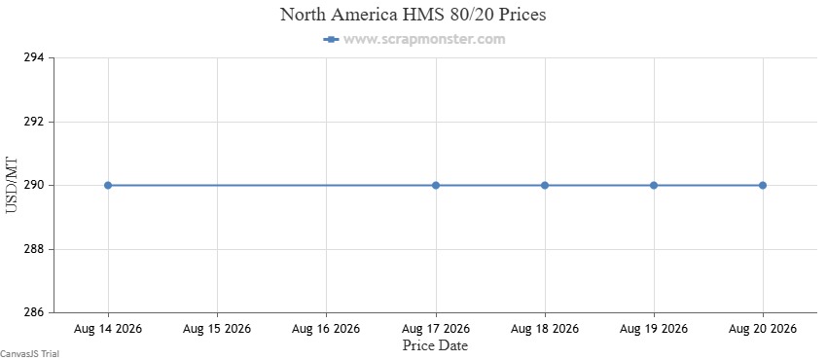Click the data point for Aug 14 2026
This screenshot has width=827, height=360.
pos(108,185)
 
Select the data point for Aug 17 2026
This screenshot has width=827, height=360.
pos(436,185)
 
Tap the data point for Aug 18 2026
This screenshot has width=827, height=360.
pos(545,185)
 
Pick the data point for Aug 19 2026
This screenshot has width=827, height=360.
pos(654,185)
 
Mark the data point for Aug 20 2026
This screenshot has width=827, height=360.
pos(763,185)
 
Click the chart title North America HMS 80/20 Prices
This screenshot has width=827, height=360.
pos(413,15)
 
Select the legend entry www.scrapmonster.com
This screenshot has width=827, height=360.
pos(414,39)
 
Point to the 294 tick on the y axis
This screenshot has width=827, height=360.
pos(35,58)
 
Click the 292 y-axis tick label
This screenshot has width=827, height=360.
pos(35,122)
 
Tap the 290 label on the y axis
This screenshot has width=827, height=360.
pos(35,186)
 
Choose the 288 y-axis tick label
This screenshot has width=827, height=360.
pos(35,249)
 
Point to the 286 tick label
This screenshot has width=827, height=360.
pos(35,312)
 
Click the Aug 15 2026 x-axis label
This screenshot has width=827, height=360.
pos(217,329)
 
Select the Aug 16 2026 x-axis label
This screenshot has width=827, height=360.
pos(326,329)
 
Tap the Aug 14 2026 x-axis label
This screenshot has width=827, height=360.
pos(108,329)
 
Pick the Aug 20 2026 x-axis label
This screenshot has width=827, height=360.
pos(763,329)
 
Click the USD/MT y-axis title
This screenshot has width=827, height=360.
pos(12,185)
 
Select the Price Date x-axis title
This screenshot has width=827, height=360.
pos(435,345)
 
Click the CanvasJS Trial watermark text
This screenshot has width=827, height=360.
pos(29,354)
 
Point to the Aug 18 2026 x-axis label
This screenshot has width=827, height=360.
pos(545,329)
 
